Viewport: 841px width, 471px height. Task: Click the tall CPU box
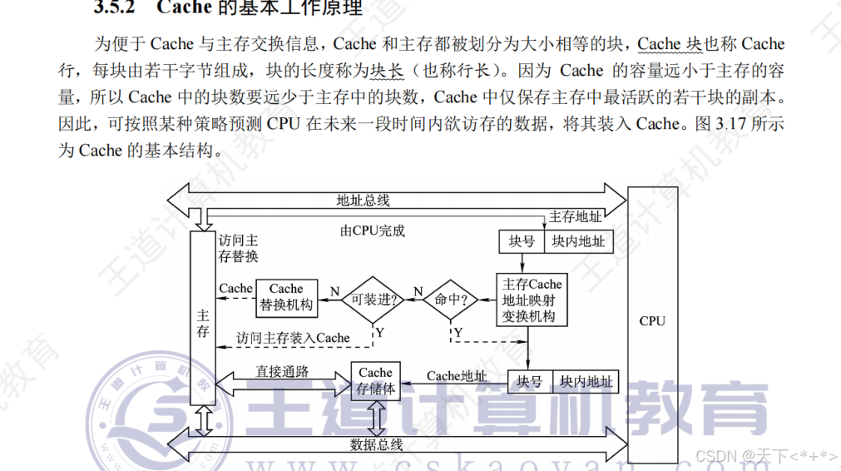(x=652, y=320)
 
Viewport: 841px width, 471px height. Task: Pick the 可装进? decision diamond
(x=374, y=299)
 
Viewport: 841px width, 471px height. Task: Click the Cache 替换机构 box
(x=286, y=297)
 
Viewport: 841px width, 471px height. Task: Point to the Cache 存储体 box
(x=375, y=381)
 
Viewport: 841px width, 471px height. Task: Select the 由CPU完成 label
(x=373, y=231)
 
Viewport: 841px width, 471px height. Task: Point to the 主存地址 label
(x=576, y=217)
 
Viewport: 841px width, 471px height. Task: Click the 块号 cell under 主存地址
(x=522, y=241)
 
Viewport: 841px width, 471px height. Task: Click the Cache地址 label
(x=457, y=376)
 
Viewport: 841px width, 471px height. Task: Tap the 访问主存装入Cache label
(x=293, y=338)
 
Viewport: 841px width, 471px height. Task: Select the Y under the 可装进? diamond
(x=379, y=332)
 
